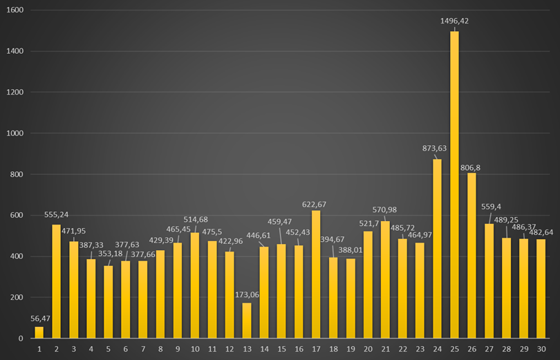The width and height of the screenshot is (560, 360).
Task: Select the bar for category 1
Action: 39,332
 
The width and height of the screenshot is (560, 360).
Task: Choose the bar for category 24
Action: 437,249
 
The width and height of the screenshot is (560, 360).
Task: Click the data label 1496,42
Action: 454,21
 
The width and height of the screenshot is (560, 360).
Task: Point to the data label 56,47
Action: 39,318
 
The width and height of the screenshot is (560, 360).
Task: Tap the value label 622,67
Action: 316,204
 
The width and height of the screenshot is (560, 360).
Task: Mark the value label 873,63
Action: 436,148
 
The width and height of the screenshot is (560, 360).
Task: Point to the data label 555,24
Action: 56,215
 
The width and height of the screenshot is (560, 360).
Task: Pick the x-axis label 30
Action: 541,349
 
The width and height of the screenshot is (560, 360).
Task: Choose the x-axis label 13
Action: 247,349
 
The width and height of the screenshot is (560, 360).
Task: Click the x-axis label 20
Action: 368,349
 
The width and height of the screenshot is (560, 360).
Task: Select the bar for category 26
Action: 472,256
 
